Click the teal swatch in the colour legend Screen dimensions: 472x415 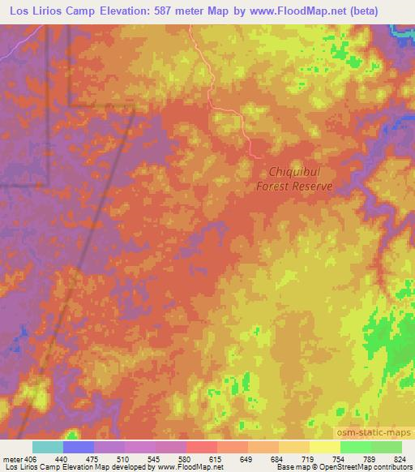click(48, 447)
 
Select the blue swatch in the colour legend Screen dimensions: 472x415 click(79, 447)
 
